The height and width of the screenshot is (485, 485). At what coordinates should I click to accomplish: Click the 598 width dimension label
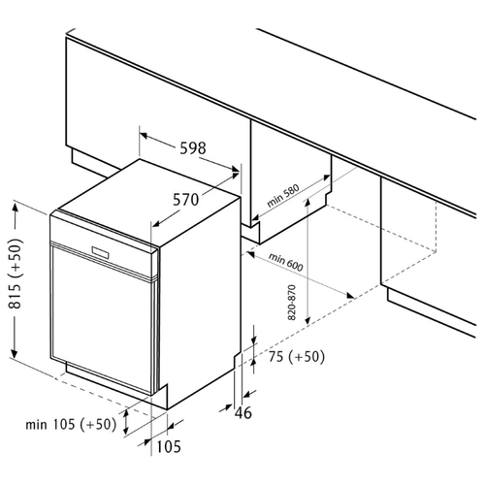coord(193,148)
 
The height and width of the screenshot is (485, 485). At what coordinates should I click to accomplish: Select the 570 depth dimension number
coord(185,200)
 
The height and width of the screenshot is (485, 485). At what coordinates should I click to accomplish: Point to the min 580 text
coord(283,196)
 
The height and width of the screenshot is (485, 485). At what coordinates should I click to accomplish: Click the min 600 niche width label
coord(286,262)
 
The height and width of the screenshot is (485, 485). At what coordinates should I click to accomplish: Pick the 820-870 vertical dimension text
coord(292,303)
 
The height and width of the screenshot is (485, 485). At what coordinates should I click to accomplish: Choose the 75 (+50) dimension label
coord(297,357)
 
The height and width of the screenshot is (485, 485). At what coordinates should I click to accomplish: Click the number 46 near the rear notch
coord(243,412)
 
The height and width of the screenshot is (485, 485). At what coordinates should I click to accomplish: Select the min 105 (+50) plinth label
coord(71,424)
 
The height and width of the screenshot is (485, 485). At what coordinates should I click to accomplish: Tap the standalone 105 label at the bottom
coord(169,447)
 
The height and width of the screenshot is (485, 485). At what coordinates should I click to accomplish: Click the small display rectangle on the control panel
coord(101,252)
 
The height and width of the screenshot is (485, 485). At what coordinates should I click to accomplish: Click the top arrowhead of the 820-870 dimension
coord(307,202)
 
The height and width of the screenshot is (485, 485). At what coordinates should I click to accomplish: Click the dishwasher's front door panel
coord(102,319)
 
